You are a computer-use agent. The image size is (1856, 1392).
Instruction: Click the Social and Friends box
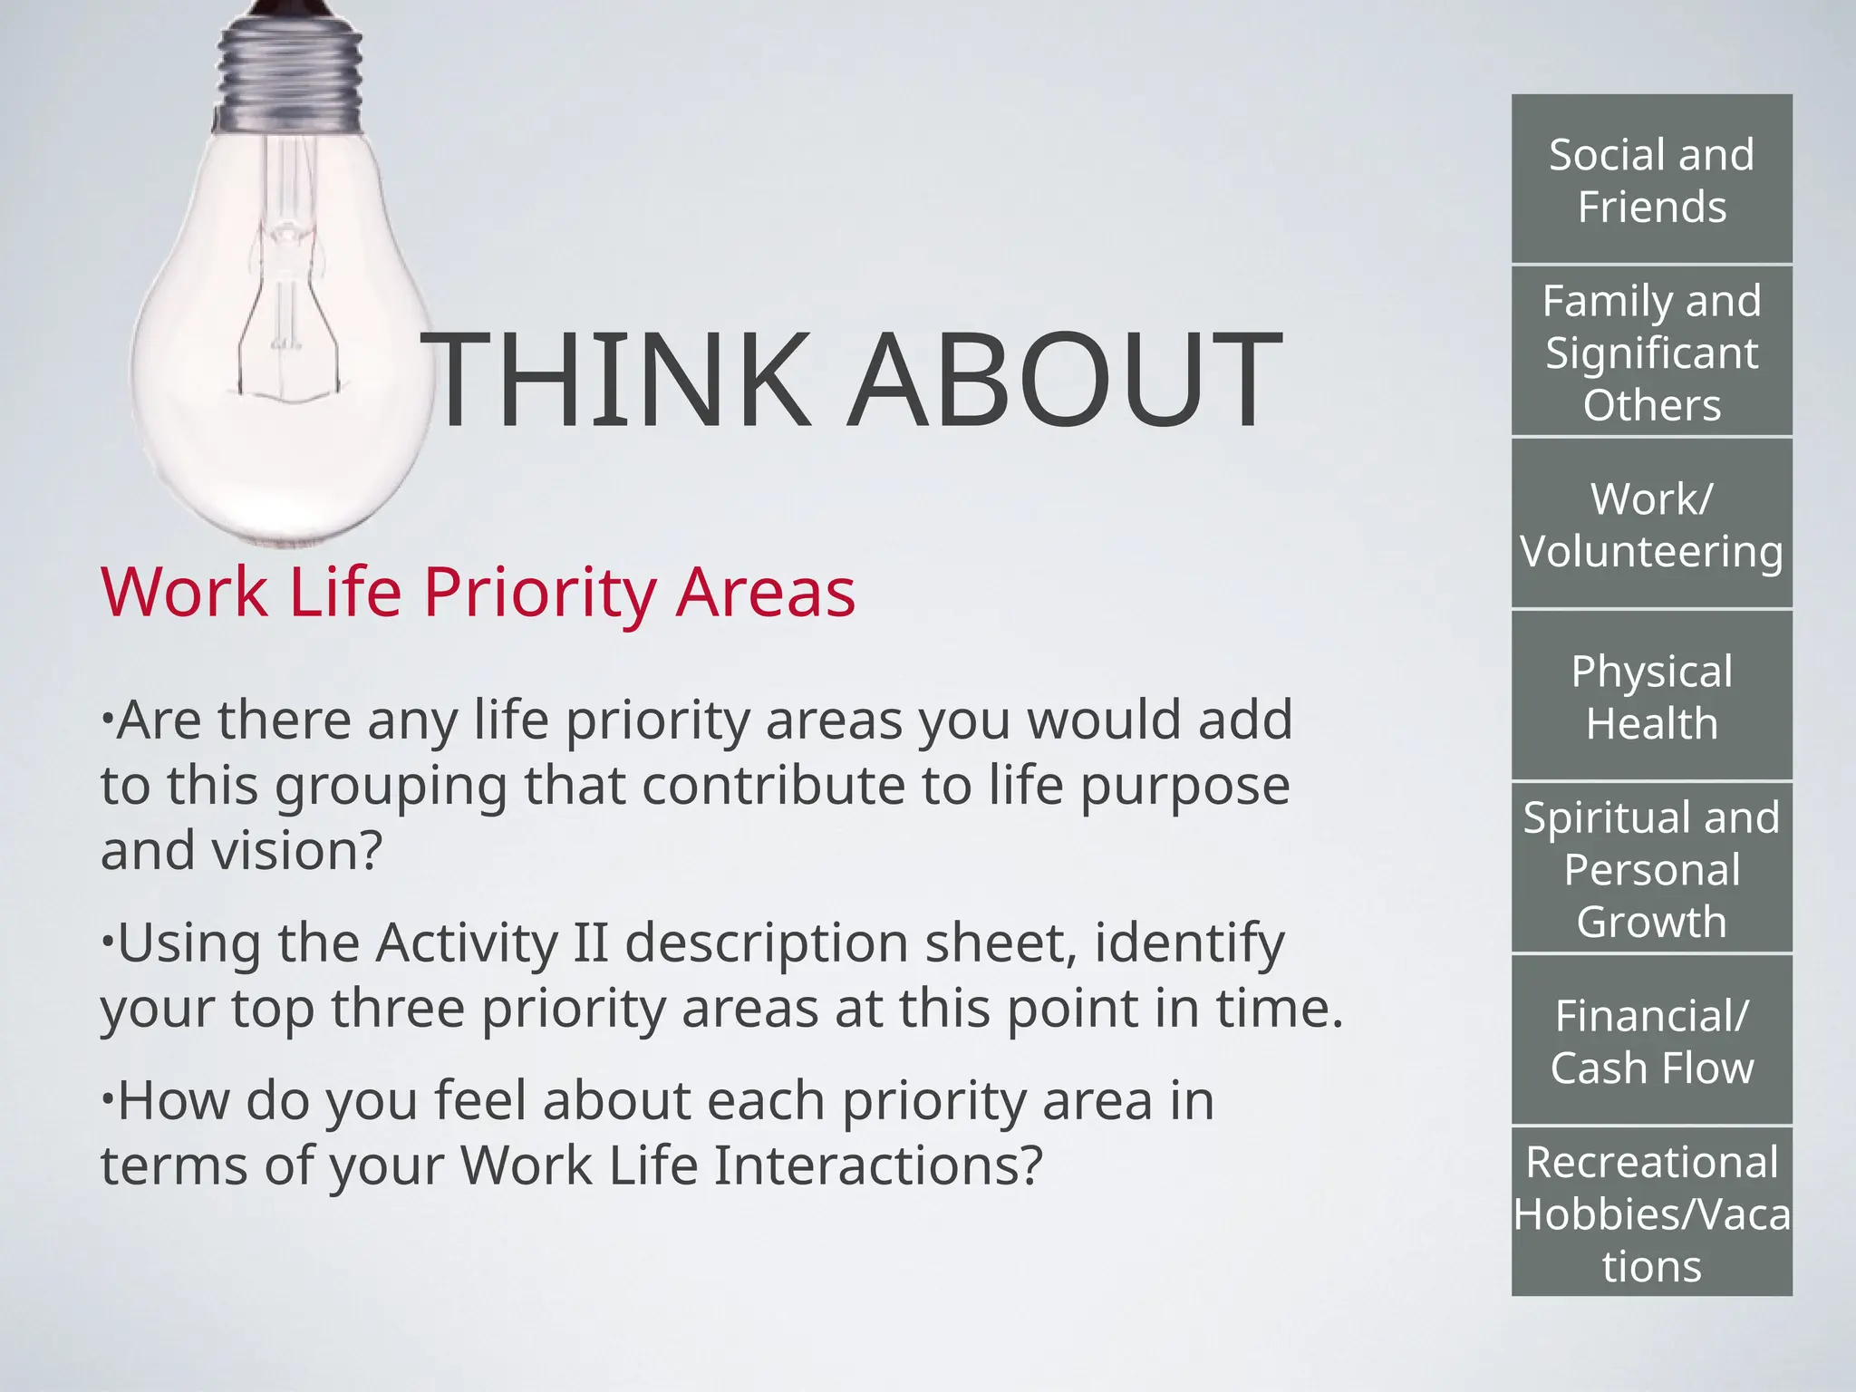(1651, 179)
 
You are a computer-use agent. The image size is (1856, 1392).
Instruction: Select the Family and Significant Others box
(1651, 351)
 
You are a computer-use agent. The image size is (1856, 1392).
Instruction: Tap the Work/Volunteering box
(1651, 523)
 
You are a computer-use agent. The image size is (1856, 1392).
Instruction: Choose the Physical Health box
(1651, 695)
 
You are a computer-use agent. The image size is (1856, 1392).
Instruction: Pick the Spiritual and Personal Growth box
(1651, 867)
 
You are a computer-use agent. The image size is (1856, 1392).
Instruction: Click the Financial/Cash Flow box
(1651, 1039)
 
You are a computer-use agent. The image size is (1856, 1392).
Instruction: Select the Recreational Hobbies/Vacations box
(1651, 1212)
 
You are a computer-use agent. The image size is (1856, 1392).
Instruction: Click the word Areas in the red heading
(766, 592)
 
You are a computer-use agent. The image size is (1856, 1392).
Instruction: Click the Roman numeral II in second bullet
(590, 942)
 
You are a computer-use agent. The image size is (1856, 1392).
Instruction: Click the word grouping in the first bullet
(391, 787)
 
